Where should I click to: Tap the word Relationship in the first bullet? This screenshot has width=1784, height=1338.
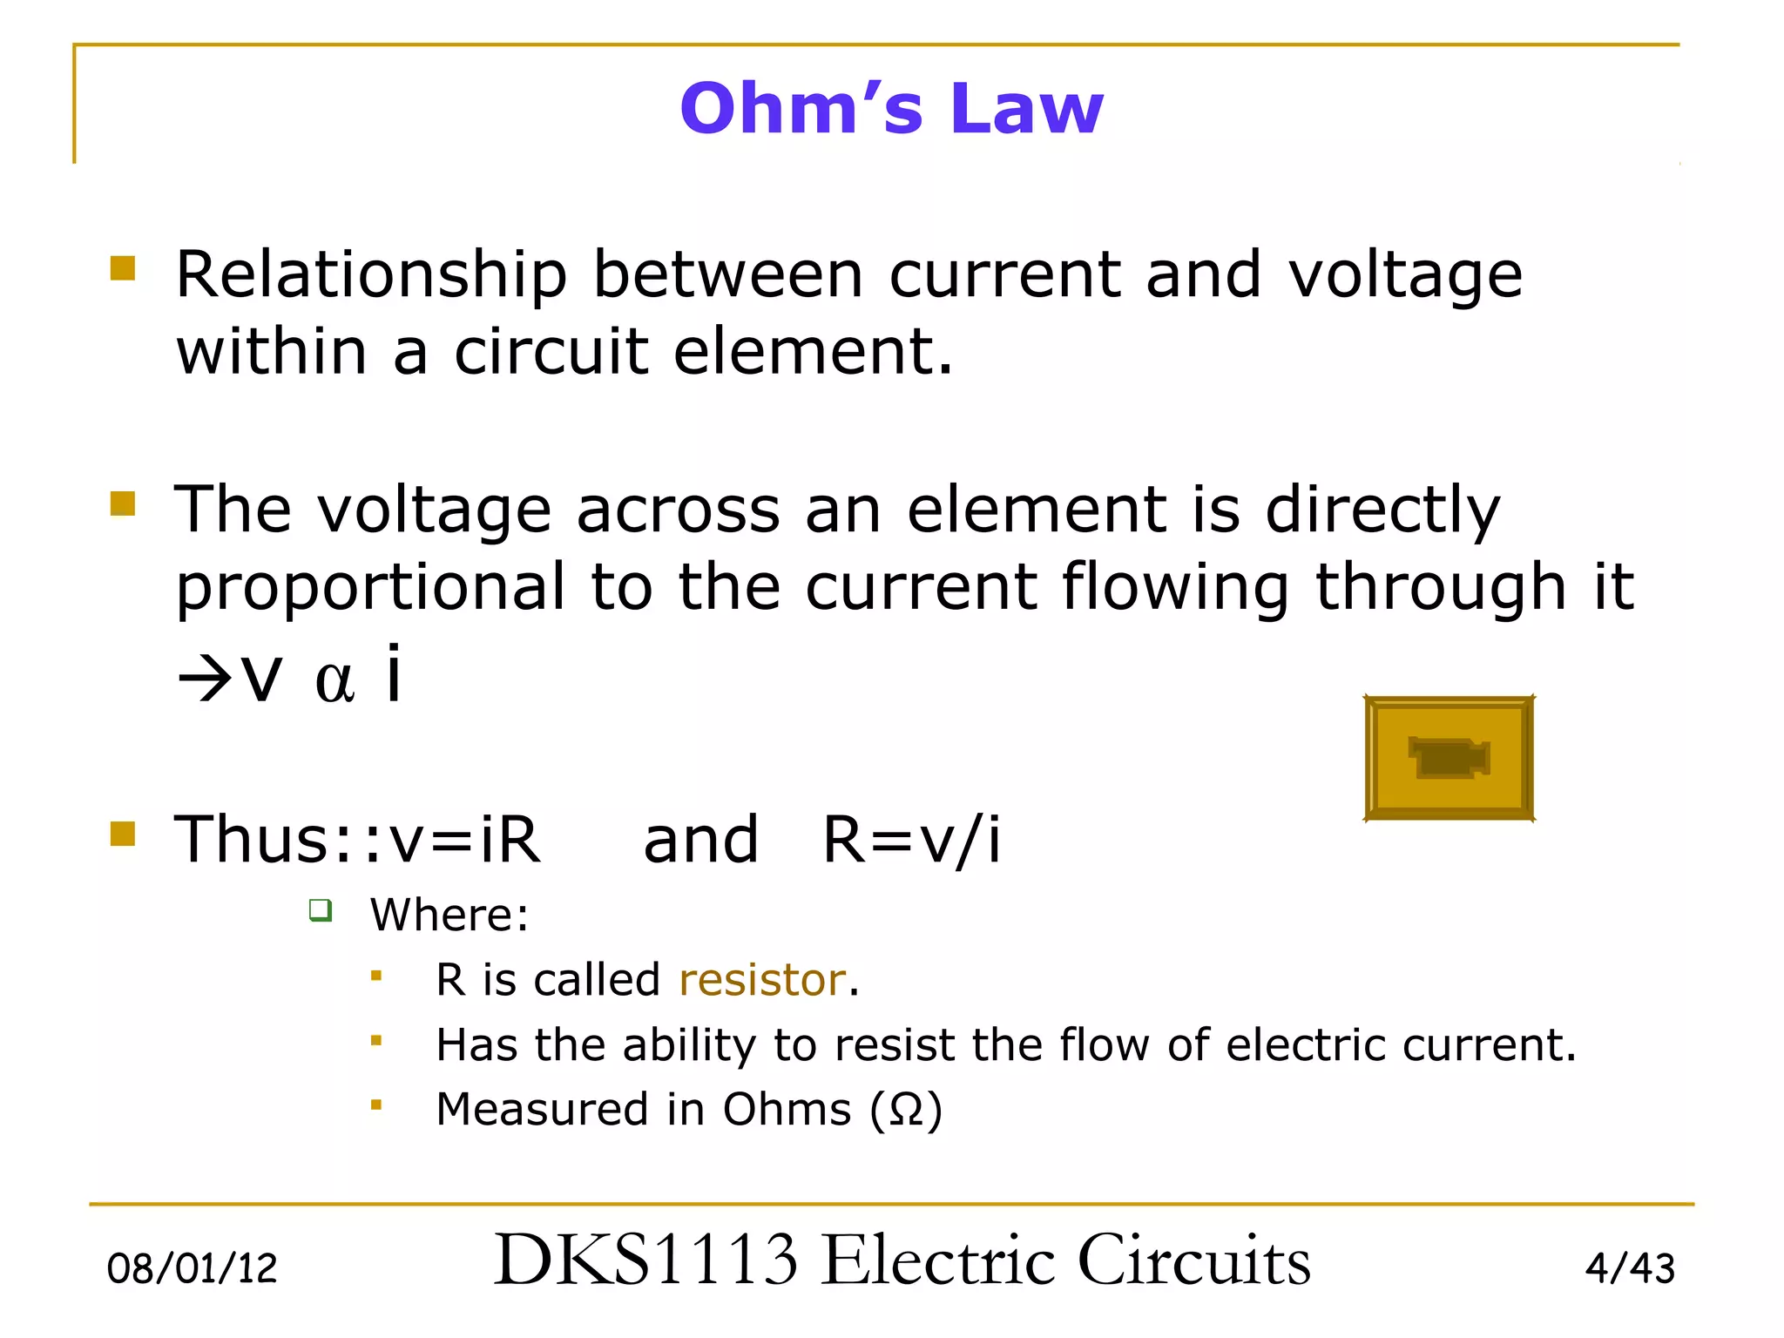pos(371,275)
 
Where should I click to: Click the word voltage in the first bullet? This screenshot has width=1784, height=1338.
pos(1405,275)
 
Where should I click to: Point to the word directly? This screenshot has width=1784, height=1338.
pos(1382,510)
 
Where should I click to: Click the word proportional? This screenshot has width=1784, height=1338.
pos(371,589)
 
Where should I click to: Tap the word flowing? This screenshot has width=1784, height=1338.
pos(1175,589)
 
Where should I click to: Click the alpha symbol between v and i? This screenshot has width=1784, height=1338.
pos(334,681)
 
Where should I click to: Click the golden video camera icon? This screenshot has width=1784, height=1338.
pos(1449,758)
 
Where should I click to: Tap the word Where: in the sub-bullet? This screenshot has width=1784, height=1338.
pos(449,915)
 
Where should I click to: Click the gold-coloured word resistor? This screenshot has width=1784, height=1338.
pos(762,980)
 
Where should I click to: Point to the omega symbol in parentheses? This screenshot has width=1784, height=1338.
pos(906,1111)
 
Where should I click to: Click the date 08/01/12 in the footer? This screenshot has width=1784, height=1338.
pos(192,1268)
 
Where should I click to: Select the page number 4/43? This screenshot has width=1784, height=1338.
pos(1629,1268)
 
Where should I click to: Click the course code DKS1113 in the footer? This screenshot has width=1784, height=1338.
pos(645,1260)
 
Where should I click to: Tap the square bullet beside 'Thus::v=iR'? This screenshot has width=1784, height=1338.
pos(123,835)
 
